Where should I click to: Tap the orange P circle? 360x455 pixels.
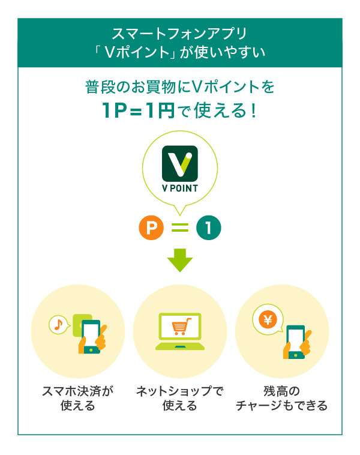pyautogui.click(x=151, y=228)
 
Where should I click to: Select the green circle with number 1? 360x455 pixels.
pyautogui.click(x=209, y=228)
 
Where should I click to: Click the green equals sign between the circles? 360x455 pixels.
pyautogui.click(x=180, y=228)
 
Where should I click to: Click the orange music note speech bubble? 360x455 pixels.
pyautogui.click(x=58, y=324)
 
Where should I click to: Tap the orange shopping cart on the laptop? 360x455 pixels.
pyautogui.click(x=179, y=327)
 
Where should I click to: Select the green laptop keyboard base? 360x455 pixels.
pyautogui.click(x=179, y=346)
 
